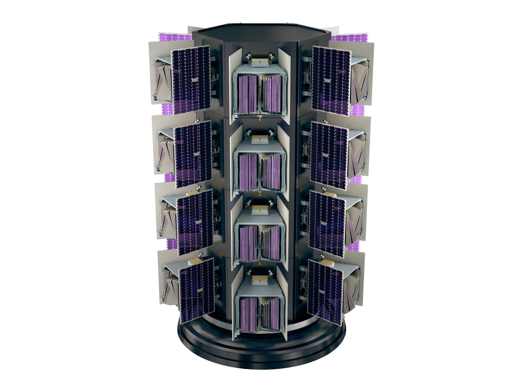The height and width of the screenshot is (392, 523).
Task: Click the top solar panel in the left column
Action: tap(191, 79)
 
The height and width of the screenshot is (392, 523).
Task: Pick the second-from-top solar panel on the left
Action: tap(193, 154)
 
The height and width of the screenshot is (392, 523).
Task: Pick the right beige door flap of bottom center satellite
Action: tap(282, 302)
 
